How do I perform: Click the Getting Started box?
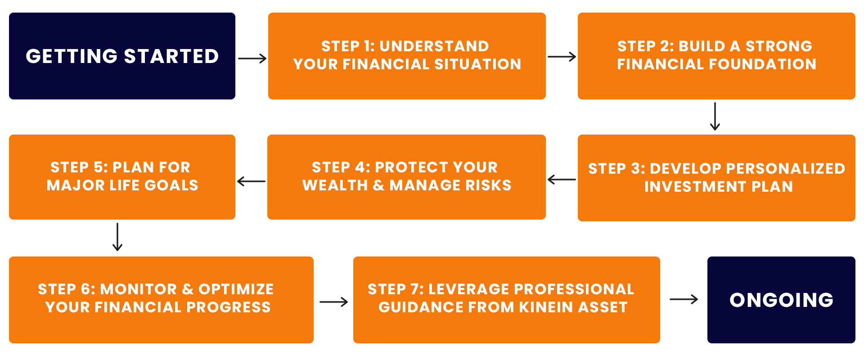pyautogui.click(x=122, y=56)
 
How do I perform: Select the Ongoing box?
pyautogui.click(x=781, y=300)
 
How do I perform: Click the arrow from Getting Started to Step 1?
pyautogui.click(x=252, y=58)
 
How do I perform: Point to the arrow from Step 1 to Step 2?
pyautogui.click(x=562, y=57)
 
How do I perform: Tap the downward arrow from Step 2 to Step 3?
pyautogui.click(x=715, y=117)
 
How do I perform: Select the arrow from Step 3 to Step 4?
pyautogui.click(x=562, y=180)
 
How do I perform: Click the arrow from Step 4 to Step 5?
pyautogui.click(x=251, y=181)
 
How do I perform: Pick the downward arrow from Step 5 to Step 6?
pyautogui.click(x=117, y=237)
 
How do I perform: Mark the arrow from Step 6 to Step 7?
pyautogui.click(x=333, y=301)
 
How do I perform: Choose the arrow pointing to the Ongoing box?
pyautogui.click(x=684, y=299)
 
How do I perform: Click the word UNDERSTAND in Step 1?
pyautogui.click(x=434, y=46)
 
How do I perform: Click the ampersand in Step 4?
pyautogui.click(x=378, y=185)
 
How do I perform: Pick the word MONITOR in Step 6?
pyautogui.click(x=139, y=289)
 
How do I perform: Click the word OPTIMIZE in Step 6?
pyautogui.click(x=236, y=289)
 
